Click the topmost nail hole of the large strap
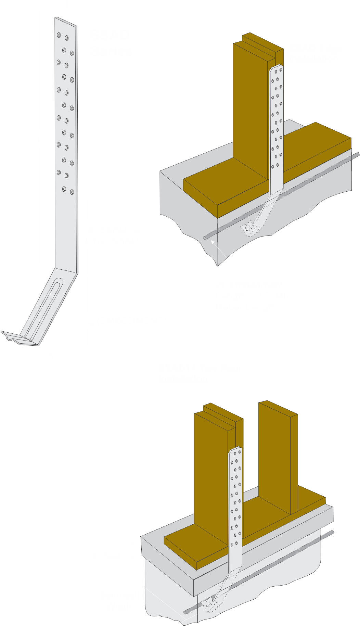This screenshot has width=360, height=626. click(x=59, y=35)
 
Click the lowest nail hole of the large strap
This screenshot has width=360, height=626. click(x=72, y=192)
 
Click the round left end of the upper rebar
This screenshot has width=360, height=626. click(x=205, y=238)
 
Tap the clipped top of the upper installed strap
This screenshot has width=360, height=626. click(x=277, y=67)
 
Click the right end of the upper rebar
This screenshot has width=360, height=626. click(x=358, y=154)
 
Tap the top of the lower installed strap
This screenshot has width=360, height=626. click(x=235, y=449)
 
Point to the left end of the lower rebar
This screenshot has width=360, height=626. click(x=185, y=612)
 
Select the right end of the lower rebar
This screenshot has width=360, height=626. click(x=332, y=532)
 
